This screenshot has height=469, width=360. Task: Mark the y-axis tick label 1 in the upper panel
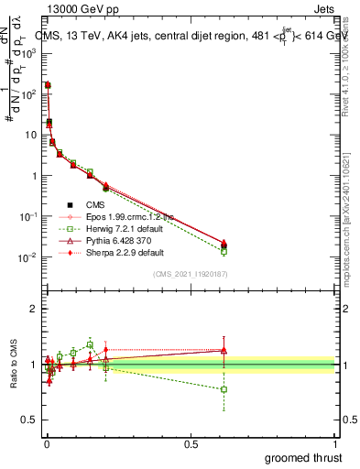(35, 176)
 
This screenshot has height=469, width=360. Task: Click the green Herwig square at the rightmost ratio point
(224, 389)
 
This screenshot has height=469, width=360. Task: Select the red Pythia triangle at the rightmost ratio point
(224, 349)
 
